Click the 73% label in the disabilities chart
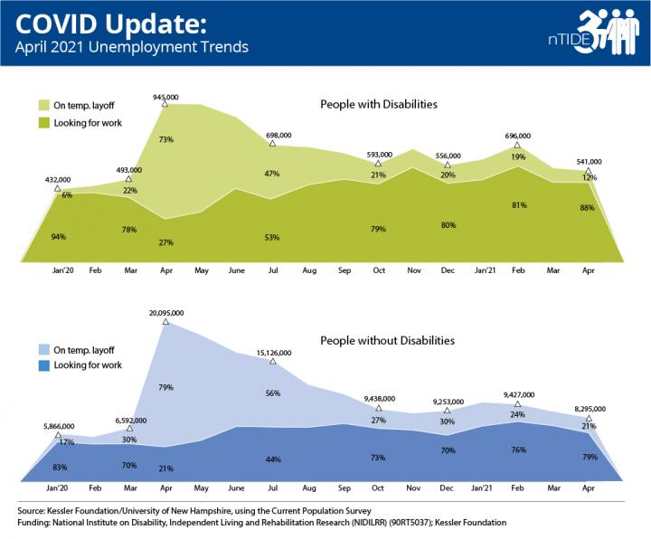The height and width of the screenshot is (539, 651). [x=166, y=140]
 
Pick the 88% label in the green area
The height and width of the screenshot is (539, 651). [x=589, y=232]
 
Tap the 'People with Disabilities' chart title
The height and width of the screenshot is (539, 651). [x=379, y=105]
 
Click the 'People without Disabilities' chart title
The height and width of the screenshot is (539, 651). [x=387, y=341]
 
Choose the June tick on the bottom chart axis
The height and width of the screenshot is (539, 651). [x=236, y=487]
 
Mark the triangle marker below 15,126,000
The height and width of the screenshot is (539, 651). [x=271, y=361]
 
